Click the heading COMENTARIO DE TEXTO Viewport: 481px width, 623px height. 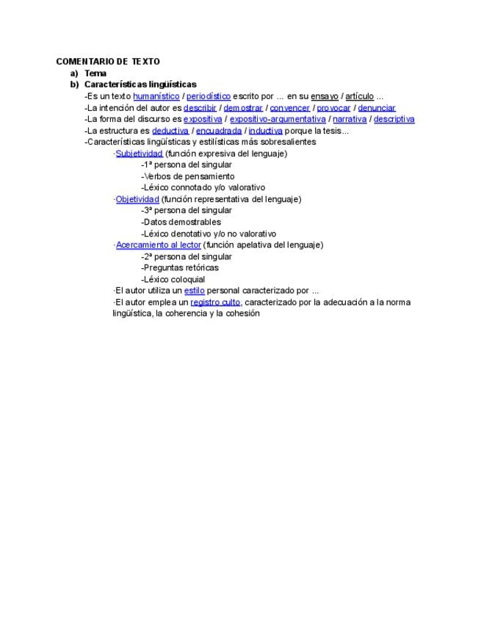(x=108, y=62)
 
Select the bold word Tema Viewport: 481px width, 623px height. (x=95, y=73)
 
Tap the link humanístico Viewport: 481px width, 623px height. (x=156, y=96)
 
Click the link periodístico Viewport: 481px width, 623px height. (x=209, y=96)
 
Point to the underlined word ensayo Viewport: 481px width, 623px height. (x=325, y=96)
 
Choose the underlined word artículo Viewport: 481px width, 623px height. (x=359, y=96)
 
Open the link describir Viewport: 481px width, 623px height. (x=200, y=108)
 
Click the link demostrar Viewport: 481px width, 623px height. (x=243, y=108)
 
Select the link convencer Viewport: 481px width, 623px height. (x=290, y=108)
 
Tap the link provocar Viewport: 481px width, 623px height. (x=333, y=108)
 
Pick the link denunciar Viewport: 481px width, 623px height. (x=377, y=108)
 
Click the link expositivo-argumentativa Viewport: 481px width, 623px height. (x=278, y=119)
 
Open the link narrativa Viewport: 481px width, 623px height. (x=350, y=119)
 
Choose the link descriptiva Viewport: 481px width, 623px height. (x=394, y=119)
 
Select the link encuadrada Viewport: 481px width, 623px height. (x=218, y=131)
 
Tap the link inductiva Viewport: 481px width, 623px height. (x=265, y=131)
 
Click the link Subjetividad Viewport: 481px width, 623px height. (x=139, y=154)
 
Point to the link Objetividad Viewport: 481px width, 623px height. (x=137, y=199)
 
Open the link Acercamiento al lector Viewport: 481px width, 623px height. (x=158, y=245)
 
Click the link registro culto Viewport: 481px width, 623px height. (x=215, y=302)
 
